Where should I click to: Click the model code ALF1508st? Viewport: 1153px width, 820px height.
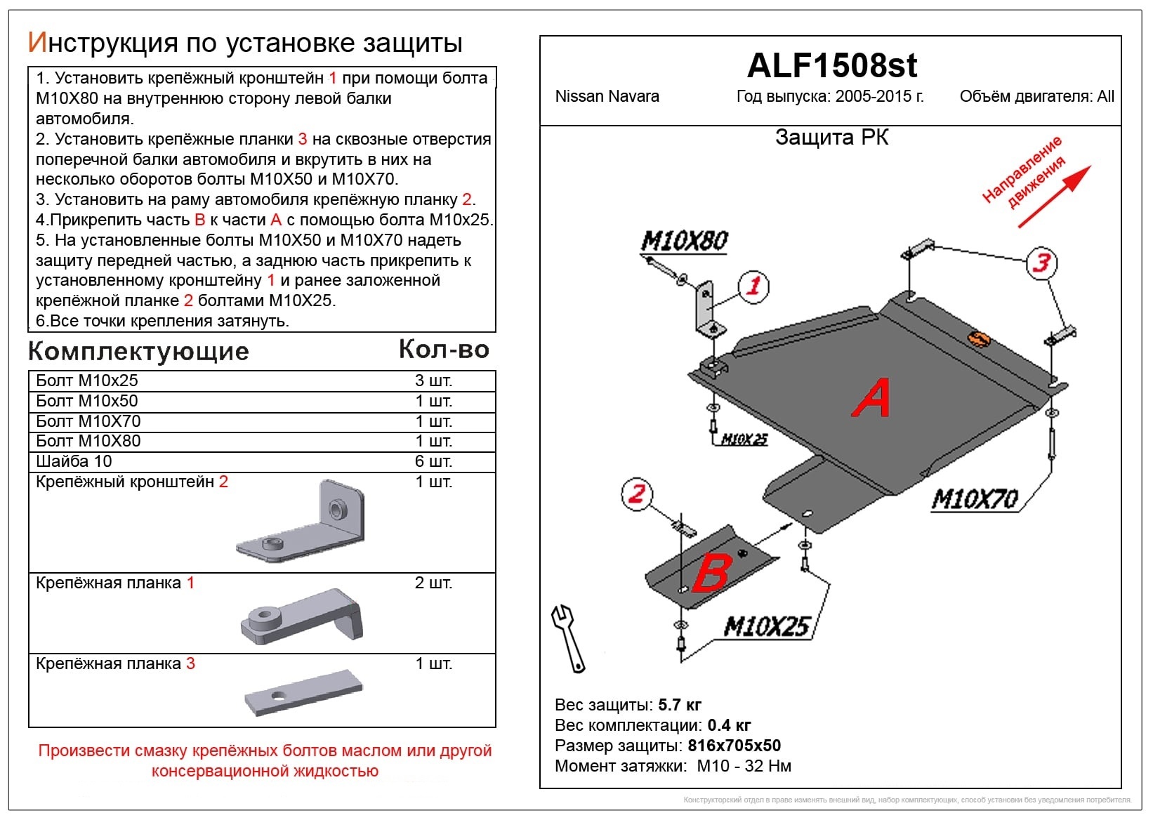[831, 65]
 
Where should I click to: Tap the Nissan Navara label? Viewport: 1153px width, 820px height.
[607, 97]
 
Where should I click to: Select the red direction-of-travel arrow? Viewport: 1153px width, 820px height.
[1054, 197]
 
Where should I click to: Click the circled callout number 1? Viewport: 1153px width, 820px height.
[753, 286]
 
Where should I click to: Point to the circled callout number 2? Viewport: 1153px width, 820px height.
[636, 493]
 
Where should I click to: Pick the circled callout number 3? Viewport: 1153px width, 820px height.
[1042, 263]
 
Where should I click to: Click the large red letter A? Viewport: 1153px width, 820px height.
[871, 397]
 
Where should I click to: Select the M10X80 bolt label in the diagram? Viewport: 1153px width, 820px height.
[684, 242]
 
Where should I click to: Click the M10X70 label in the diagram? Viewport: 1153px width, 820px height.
[975, 499]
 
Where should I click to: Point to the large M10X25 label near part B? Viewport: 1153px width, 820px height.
[766, 626]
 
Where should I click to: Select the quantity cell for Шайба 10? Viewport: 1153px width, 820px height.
[433, 461]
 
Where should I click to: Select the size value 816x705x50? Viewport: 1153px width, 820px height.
[734, 746]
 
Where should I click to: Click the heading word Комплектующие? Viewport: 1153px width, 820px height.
[138, 351]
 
